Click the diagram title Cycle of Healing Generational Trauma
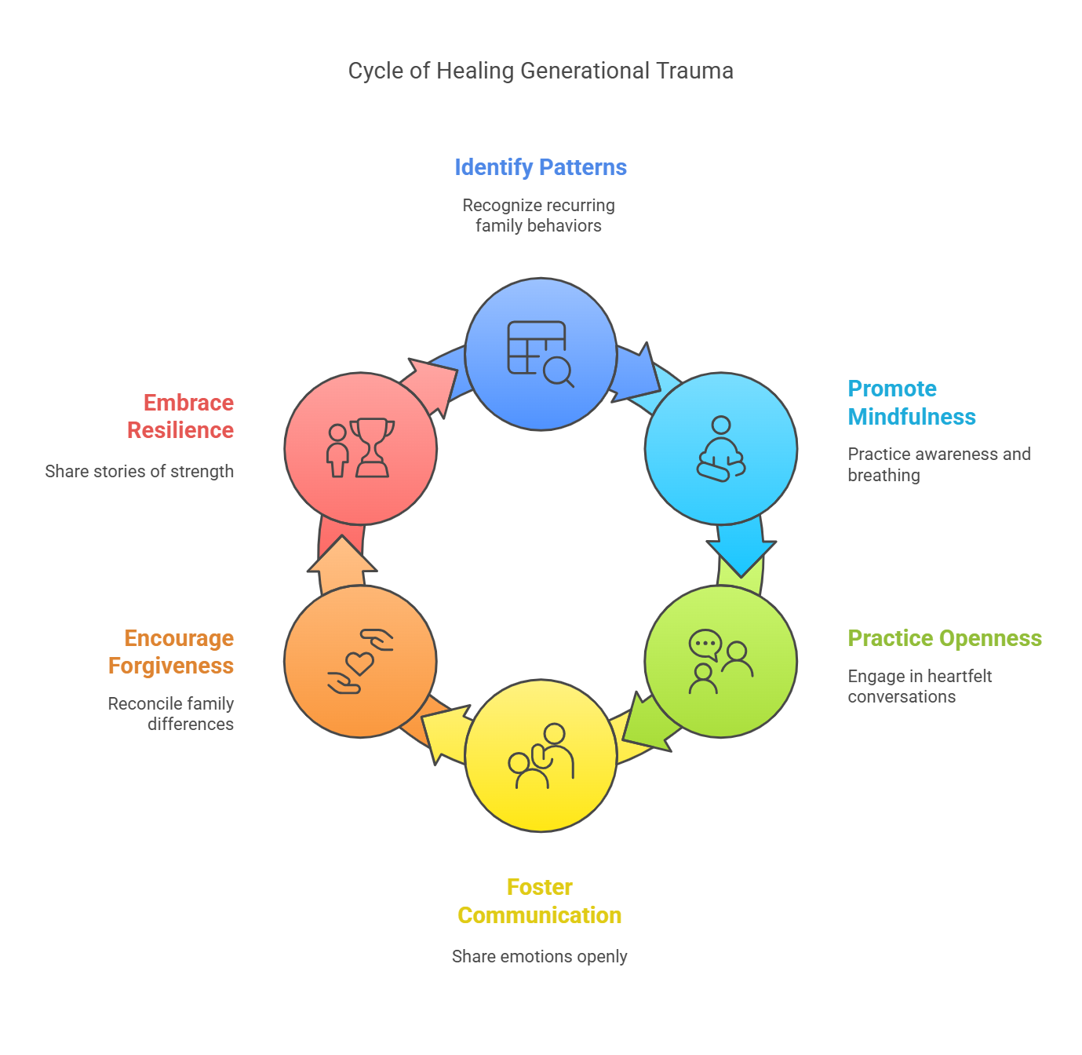click(x=541, y=71)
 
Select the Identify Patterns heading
click(x=541, y=167)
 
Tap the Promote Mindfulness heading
click(x=911, y=403)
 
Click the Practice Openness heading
click(x=945, y=638)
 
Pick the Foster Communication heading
click(x=540, y=901)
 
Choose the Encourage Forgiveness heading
click(x=171, y=652)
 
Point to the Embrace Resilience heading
click(x=180, y=416)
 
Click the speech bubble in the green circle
click(x=705, y=644)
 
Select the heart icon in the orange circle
click(x=360, y=663)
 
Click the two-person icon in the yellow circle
click(x=541, y=757)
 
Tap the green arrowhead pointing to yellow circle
click(x=647, y=726)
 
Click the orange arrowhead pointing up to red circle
click(x=342, y=557)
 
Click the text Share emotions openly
click(x=540, y=956)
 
